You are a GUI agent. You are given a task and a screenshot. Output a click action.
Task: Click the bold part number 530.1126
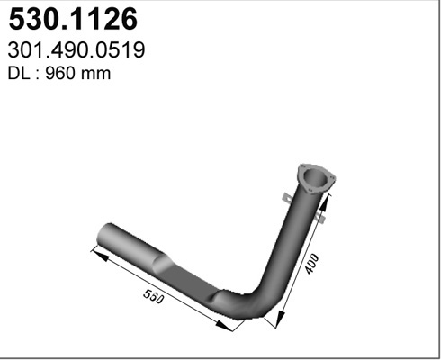[73, 19]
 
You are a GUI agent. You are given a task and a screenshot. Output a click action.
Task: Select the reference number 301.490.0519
[76, 50]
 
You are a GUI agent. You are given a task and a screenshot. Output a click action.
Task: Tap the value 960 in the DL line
[59, 74]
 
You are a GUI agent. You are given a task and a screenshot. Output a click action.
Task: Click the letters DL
[19, 74]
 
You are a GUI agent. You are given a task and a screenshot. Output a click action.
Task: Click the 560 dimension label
[154, 296]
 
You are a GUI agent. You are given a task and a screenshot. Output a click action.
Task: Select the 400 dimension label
[312, 264]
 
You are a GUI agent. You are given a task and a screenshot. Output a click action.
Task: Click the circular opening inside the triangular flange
[314, 177]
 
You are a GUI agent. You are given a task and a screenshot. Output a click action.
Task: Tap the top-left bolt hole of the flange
[303, 166]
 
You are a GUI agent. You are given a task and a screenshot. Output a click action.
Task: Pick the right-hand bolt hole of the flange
[332, 178]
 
